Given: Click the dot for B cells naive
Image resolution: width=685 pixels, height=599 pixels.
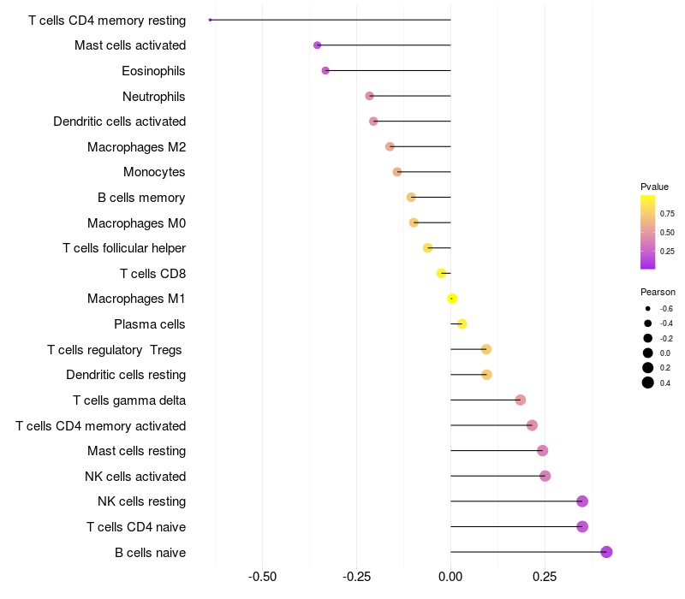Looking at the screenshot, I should point(606,552).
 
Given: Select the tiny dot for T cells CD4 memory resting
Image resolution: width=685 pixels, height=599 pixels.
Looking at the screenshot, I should point(211,20).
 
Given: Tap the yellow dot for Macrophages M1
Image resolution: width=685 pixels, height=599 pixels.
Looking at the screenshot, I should point(452,299).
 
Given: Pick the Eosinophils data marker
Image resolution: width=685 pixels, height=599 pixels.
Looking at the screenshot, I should point(325,70).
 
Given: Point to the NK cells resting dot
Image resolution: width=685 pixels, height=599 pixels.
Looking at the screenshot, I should point(582,501).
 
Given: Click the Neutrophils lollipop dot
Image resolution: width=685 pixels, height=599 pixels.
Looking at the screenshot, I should point(369,96).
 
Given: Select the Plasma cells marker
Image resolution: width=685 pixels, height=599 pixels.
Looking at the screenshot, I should point(462,324).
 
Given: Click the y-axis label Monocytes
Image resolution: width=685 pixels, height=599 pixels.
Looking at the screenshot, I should point(154,172).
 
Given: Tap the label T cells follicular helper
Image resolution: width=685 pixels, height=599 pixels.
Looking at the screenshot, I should point(124,248).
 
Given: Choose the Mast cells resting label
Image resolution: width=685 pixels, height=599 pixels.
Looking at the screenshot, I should point(136,451).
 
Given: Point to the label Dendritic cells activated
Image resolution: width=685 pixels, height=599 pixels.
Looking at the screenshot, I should point(119,122).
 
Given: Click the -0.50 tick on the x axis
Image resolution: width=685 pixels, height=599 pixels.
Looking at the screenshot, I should point(262,577).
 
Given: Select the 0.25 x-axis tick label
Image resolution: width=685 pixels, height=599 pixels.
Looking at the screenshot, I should point(546,577).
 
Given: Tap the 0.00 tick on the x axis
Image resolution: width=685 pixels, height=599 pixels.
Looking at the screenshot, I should point(450,577).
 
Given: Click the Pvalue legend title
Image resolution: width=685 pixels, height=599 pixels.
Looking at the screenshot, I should point(654,187).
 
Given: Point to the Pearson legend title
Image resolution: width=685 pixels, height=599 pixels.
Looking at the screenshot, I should point(658,292).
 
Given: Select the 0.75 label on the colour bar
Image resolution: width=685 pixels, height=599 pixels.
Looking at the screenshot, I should point(667,214).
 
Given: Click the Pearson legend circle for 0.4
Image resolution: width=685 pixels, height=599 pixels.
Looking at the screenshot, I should point(648,383).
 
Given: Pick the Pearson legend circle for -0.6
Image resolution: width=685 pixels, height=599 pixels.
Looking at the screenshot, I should point(648,308).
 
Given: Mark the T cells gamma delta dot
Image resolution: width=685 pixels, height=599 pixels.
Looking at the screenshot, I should point(520,400).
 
